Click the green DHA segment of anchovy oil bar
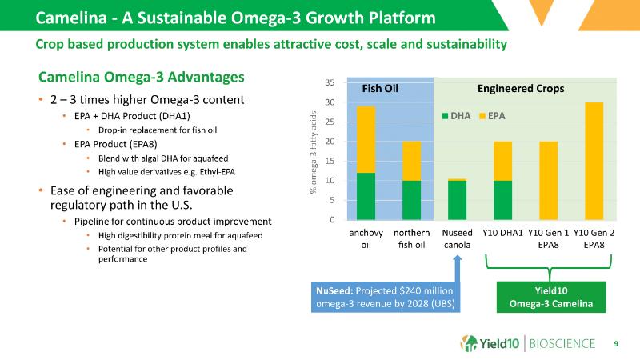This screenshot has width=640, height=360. (366, 196)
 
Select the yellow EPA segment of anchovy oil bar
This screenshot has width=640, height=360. (366, 139)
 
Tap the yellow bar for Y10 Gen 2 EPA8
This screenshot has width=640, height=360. (594, 161)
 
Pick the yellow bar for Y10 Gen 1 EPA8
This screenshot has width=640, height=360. (548, 180)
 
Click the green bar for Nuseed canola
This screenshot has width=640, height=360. (457, 200)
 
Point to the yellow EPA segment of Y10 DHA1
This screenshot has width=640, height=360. (502, 161)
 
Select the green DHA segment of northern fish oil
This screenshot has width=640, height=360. (411, 200)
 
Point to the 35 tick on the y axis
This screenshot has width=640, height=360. (330, 82)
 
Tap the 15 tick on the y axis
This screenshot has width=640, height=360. (330, 161)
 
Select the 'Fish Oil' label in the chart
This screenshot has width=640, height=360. (380, 88)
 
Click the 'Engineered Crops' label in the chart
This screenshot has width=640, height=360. (521, 88)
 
